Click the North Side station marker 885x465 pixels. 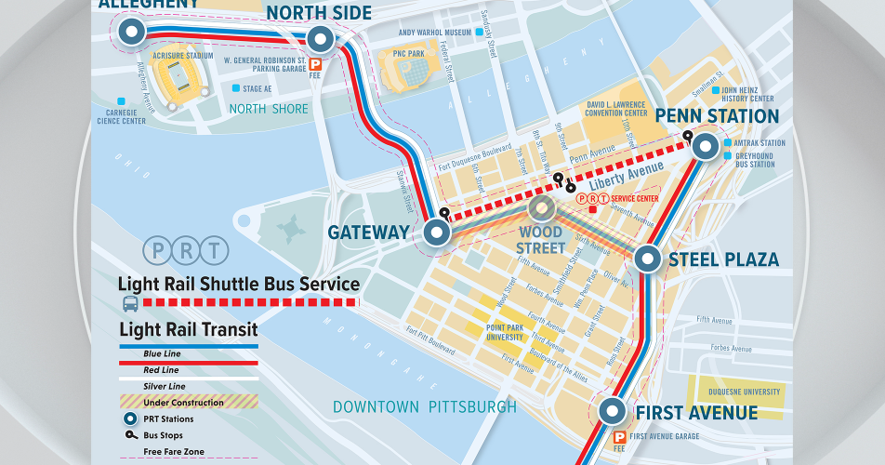click(320, 39)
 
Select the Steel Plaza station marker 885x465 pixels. click(648, 259)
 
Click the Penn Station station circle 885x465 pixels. click(705, 145)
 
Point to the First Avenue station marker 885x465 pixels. click(612, 411)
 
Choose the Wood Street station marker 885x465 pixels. click(542, 210)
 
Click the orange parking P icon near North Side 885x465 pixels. click(315, 64)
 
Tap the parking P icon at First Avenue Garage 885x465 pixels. click(619, 437)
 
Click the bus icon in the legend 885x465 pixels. click(130, 303)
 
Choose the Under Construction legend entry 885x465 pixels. click(183, 403)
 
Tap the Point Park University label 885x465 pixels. click(506, 332)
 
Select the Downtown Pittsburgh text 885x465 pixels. click(424, 407)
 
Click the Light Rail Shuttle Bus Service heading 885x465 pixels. click(238, 284)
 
